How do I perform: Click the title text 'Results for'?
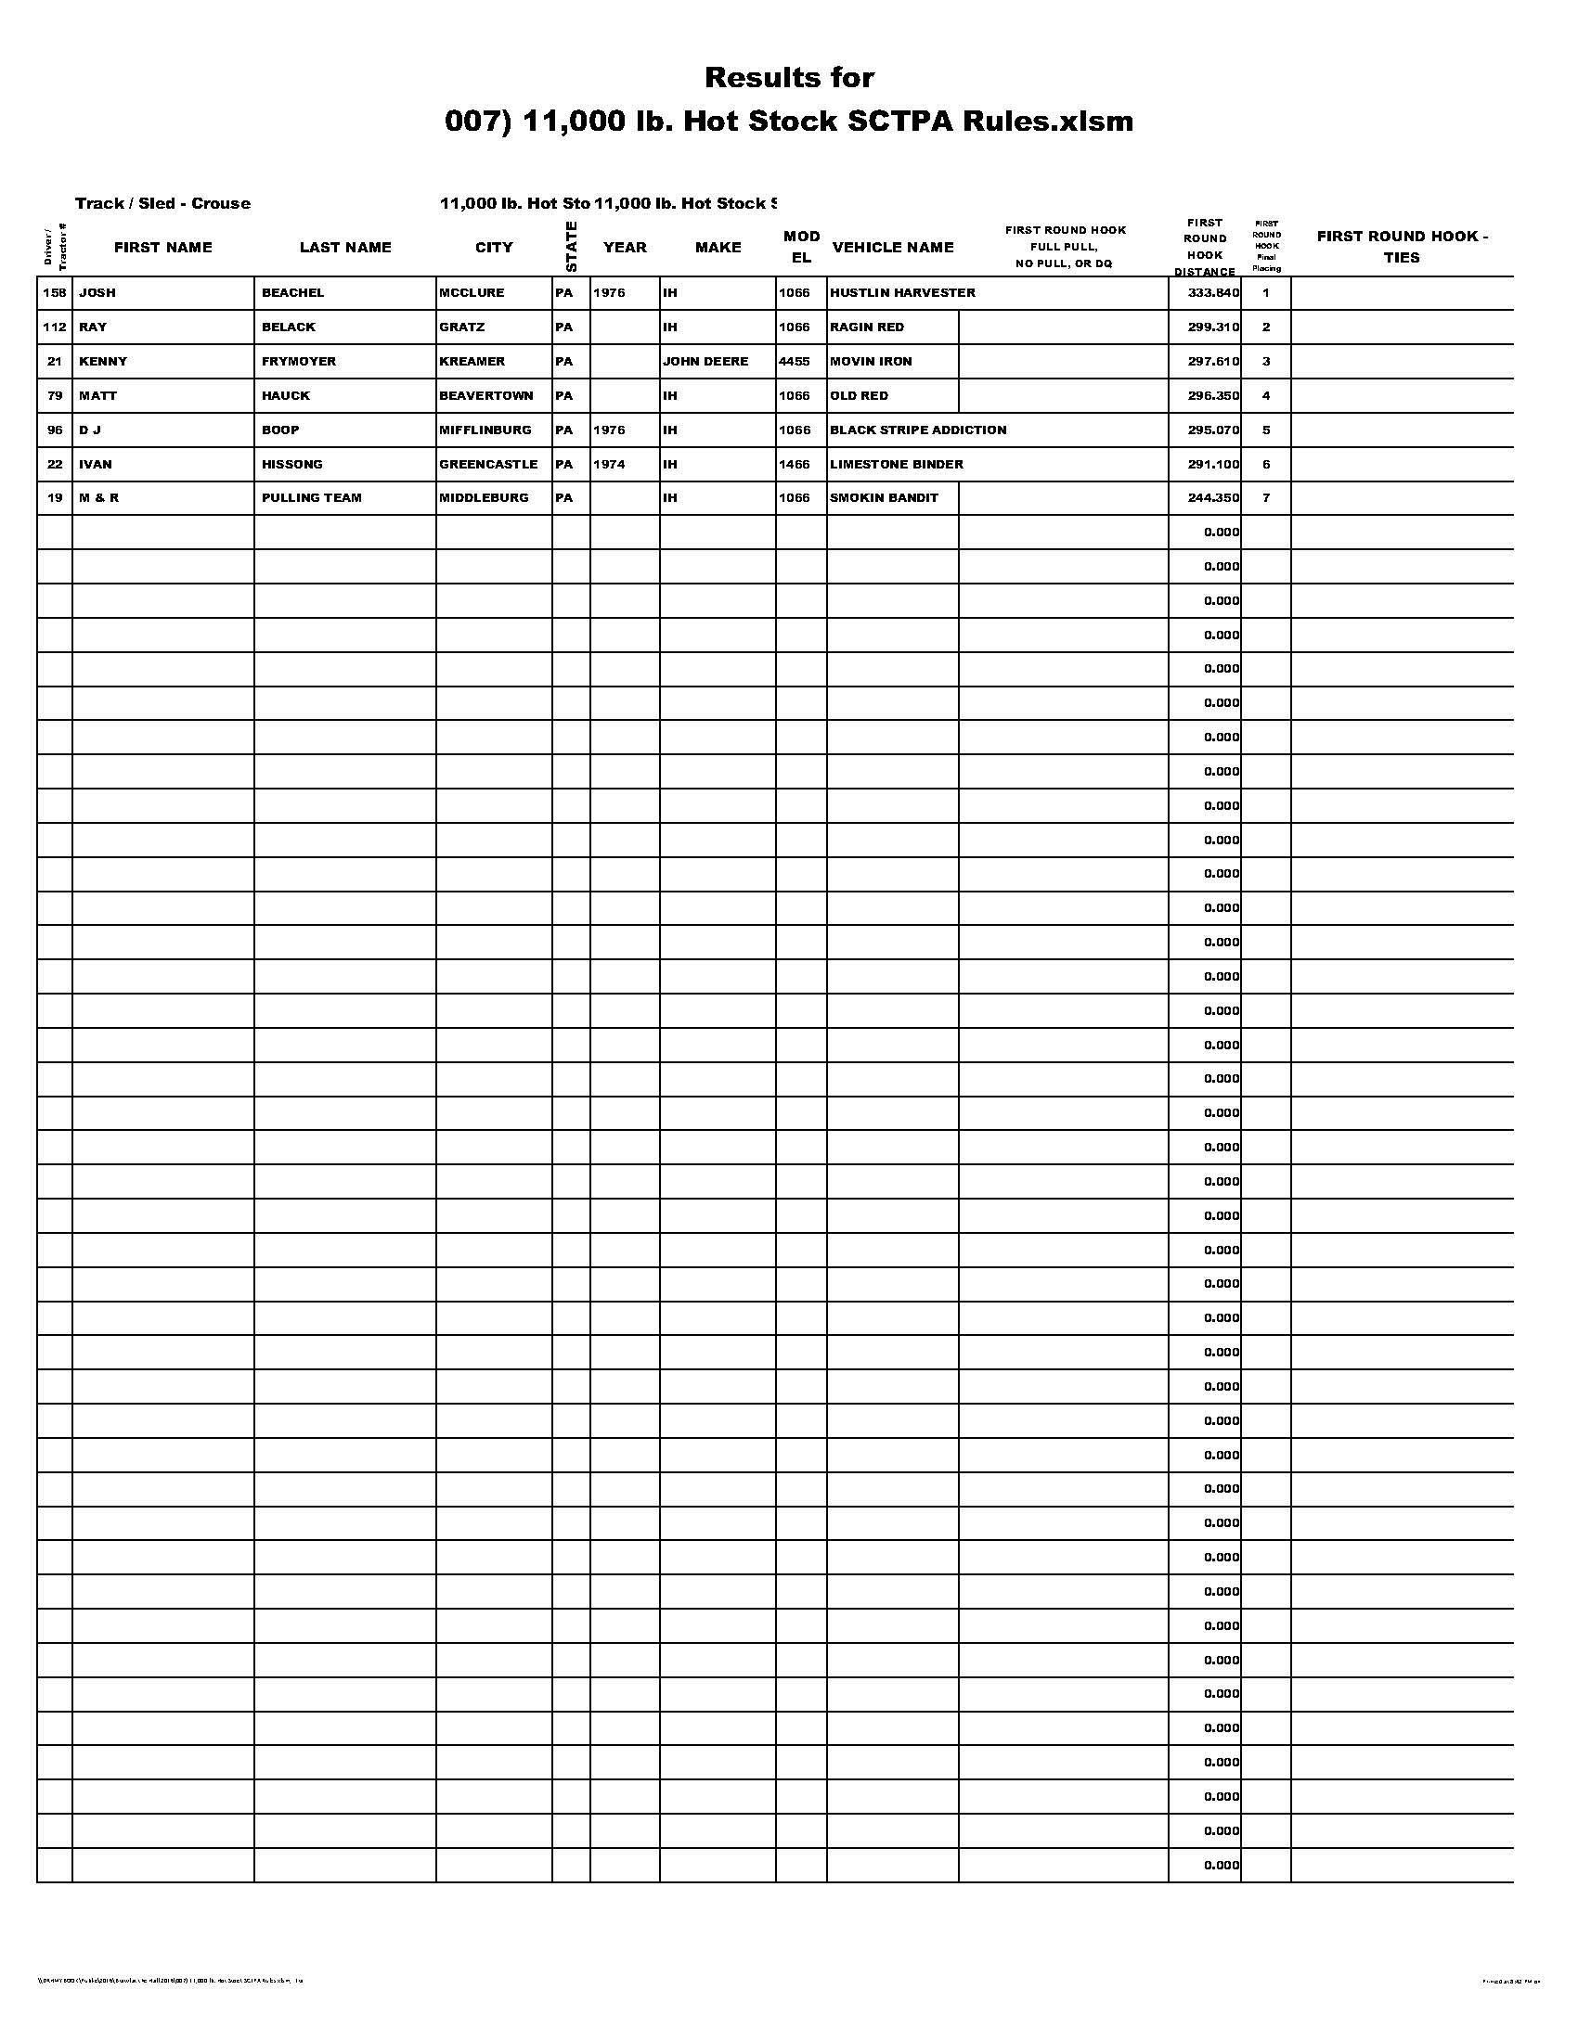pyautogui.click(x=789, y=78)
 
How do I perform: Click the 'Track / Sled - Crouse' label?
pyautogui.click(x=162, y=204)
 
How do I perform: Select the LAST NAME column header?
pyautogui.click(x=345, y=248)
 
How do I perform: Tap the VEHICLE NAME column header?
pyautogui.click(x=893, y=248)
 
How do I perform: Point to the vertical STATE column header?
pyautogui.click(x=571, y=247)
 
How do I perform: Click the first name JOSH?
pyautogui.click(x=97, y=293)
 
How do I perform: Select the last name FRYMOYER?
pyautogui.click(x=299, y=362)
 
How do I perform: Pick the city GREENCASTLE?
pyautogui.click(x=489, y=465)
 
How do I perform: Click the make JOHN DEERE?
pyautogui.click(x=705, y=362)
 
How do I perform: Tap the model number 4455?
pyautogui.click(x=795, y=362)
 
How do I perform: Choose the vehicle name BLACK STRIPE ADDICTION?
pyautogui.click(x=918, y=430)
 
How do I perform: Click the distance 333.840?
pyautogui.click(x=1213, y=293)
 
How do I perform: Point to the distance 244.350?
pyautogui.click(x=1213, y=498)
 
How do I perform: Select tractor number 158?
pyautogui.click(x=55, y=293)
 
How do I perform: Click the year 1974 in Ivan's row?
pyautogui.click(x=609, y=465)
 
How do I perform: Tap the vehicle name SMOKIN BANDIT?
pyautogui.click(x=885, y=498)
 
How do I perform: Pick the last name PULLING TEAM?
pyautogui.click(x=311, y=498)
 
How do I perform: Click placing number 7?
pyautogui.click(x=1266, y=498)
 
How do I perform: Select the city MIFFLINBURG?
pyautogui.click(x=485, y=430)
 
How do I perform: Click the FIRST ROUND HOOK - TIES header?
pyautogui.click(x=1402, y=247)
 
